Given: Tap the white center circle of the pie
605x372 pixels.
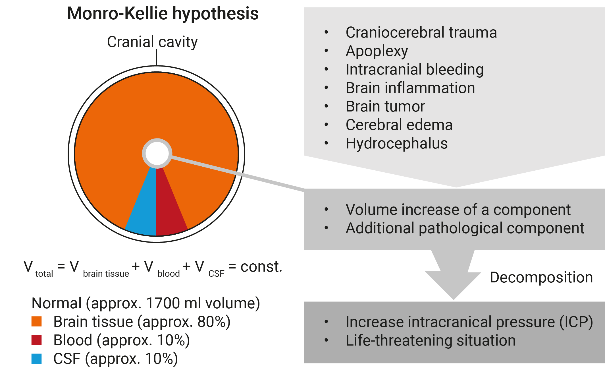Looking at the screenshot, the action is (157, 153).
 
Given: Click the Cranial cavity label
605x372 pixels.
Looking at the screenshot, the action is (152, 42).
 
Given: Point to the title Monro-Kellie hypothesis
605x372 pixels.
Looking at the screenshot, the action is (163, 13).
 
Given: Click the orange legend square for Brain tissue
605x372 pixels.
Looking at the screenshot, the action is (36, 321).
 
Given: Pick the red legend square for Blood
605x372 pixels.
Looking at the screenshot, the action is (36, 340).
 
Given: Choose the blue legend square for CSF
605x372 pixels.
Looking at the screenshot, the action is (36, 359).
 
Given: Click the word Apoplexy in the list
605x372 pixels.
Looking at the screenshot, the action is (377, 51).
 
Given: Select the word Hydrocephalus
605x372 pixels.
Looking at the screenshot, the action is (397, 143).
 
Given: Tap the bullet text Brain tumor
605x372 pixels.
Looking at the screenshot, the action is (385, 106).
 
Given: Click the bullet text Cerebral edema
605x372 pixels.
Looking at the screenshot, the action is (399, 125).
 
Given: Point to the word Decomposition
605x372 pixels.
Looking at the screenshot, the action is (541, 278).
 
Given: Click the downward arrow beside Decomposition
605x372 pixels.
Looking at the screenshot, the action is (453, 274).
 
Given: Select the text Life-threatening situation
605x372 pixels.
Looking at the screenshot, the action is (431, 340).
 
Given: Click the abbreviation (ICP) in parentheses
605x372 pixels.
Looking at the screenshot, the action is (576, 322).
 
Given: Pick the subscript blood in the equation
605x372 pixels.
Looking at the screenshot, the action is (169, 274).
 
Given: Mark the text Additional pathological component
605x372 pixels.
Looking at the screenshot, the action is (465, 228).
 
